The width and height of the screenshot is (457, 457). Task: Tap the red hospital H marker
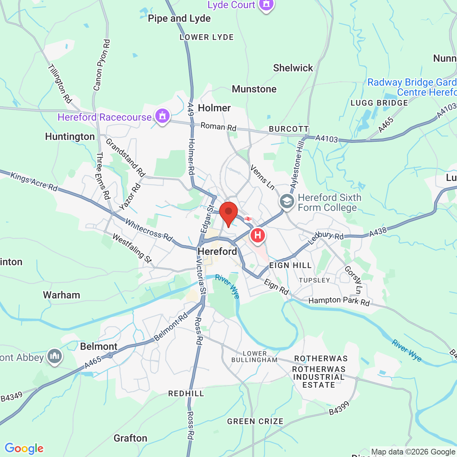[x=257, y=236]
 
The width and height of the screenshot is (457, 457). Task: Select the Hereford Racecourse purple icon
[x=162, y=116]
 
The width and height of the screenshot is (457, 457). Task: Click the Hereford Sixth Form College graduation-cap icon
[x=287, y=201]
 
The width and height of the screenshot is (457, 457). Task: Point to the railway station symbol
[x=248, y=219]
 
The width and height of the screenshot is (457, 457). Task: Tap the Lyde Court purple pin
[x=266, y=5]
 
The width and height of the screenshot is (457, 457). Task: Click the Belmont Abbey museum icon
[x=55, y=356]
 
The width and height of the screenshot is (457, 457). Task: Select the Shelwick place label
[x=293, y=68]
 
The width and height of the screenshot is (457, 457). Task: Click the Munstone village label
[x=254, y=89]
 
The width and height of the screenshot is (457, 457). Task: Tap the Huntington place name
[x=70, y=137]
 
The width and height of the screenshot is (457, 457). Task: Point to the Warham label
[x=61, y=295]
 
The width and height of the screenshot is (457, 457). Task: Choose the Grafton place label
[x=130, y=438]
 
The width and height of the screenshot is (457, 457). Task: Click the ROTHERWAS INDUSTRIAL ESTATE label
[x=319, y=377]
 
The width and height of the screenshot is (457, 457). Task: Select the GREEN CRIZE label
[x=255, y=421]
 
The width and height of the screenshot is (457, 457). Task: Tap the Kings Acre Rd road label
[x=34, y=181]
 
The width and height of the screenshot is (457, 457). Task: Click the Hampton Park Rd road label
[x=339, y=301]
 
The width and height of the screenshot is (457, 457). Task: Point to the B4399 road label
[x=339, y=408]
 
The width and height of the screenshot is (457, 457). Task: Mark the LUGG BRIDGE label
[x=379, y=103]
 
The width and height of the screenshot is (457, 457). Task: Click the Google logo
[x=24, y=448]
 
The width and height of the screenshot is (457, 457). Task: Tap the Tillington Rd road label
[x=60, y=84]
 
